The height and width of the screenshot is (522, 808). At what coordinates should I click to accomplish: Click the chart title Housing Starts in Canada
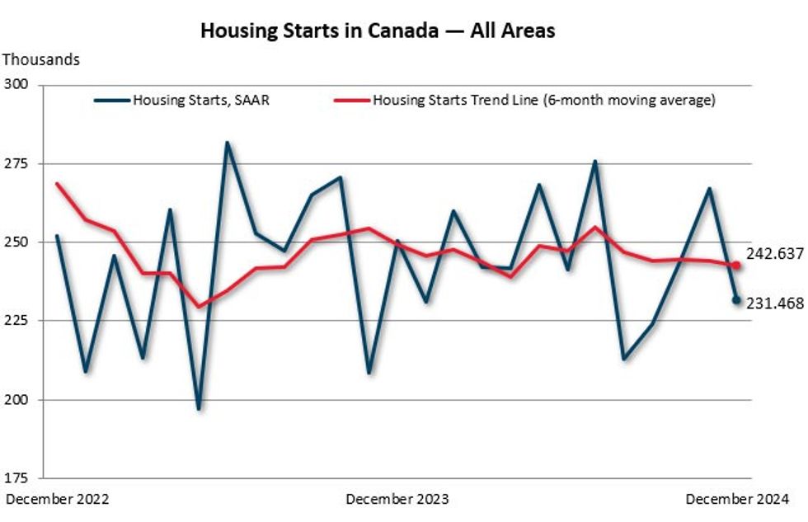[x=378, y=31]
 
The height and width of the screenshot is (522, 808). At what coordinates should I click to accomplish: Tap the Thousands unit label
[x=41, y=59]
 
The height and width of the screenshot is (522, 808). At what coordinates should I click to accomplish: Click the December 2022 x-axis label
[x=58, y=499]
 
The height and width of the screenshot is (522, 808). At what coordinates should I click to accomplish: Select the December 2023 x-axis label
[x=397, y=499]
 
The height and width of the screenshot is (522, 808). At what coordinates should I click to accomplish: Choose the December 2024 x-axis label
[x=737, y=499]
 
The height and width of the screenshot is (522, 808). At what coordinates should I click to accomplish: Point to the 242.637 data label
[x=775, y=253]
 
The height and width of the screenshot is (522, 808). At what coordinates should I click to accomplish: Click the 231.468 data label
[x=775, y=303]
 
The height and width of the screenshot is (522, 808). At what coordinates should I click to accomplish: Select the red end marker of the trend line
[x=736, y=266]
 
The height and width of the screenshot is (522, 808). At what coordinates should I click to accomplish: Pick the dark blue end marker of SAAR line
[x=736, y=300]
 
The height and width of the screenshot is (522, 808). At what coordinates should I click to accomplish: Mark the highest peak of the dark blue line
[x=227, y=143]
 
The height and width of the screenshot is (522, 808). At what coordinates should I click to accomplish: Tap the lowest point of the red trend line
[x=199, y=307]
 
